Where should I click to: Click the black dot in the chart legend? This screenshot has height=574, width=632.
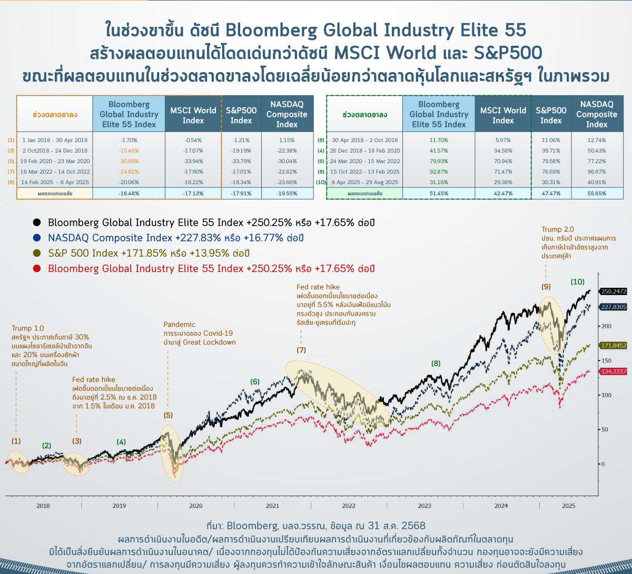coord(36,223)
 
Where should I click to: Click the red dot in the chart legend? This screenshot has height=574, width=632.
coord(36,268)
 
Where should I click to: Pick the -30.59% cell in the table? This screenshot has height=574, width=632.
coord(129,161)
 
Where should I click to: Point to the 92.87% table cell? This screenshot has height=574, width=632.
coord(439,172)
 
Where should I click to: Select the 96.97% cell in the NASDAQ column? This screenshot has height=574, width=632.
coord(597,172)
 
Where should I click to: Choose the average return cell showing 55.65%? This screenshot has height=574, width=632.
coord(597,193)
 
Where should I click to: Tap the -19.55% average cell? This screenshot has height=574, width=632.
coord(287,193)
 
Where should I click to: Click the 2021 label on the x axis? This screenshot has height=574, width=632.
coord(272,506)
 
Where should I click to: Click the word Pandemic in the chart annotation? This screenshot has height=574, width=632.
coord(179,324)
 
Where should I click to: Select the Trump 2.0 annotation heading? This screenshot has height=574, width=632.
coord(558,229)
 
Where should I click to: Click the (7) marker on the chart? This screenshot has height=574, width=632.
coord(301,350)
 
